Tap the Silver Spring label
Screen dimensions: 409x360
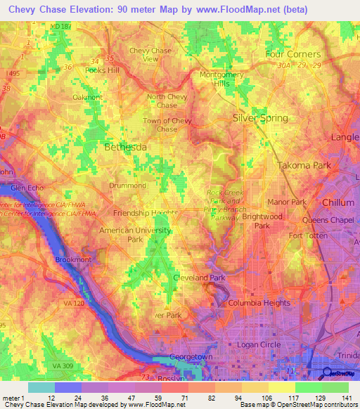[x=260, y=118]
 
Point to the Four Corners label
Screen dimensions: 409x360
[x=292, y=54]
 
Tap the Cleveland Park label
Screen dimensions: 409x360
[x=199, y=278]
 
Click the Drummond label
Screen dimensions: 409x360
[x=128, y=186]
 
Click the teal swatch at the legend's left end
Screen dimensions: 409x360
[x=41, y=387]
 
